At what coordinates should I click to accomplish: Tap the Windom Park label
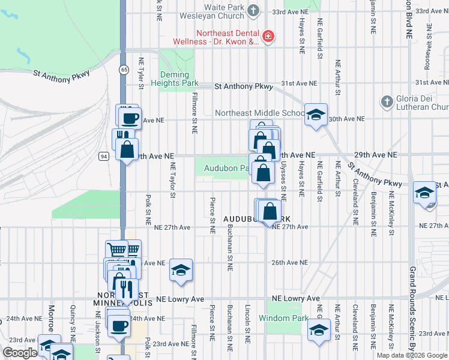tap(283, 319)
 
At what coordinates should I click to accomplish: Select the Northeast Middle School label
tap(260, 113)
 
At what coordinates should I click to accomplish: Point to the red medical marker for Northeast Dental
tap(267, 37)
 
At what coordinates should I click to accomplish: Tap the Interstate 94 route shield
tap(104, 157)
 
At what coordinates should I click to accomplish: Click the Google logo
tap(20, 353)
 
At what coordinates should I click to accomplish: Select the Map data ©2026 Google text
tap(412, 355)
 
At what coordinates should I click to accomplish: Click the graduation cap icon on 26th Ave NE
tap(180, 269)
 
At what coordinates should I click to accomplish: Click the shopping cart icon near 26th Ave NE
tap(116, 250)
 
